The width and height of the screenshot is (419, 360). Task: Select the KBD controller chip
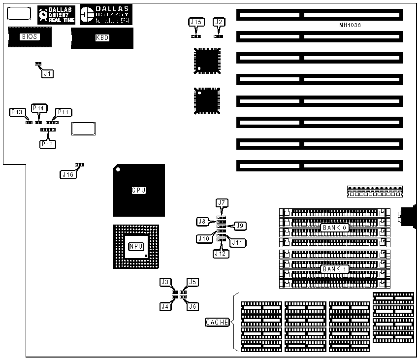pyautogui.click(x=102, y=38)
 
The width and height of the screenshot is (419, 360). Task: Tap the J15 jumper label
pyautogui.click(x=196, y=22)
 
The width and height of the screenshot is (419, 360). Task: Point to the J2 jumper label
pyautogui.click(x=219, y=22)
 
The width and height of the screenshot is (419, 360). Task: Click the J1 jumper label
pyautogui.click(x=47, y=73)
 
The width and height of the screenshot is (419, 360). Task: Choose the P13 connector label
pyautogui.click(x=17, y=112)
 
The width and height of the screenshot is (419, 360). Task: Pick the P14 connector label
pyautogui.click(x=38, y=108)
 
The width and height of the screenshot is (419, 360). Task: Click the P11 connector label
pyautogui.click(x=63, y=112)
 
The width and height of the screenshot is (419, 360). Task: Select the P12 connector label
pyautogui.click(x=48, y=144)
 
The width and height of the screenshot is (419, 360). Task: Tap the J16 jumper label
pyautogui.click(x=67, y=174)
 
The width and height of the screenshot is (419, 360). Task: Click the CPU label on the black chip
pyautogui.click(x=138, y=191)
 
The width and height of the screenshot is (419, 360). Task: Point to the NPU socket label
pyautogui.click(x=135, y=246)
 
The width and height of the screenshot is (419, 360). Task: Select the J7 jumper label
pyautogui.click(x=222, y=202)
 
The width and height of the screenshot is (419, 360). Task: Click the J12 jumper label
pyautogui.click(x=220, y=253)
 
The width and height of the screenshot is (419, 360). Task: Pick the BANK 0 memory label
pyautogui.click(x=335, y=228)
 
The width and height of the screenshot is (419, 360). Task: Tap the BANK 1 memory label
pyautogui.click(x=335, y=269)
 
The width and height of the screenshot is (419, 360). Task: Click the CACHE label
pyautogui.click(x=217, y=323)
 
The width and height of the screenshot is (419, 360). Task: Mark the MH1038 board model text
pyautogui.click(x=350, y=25)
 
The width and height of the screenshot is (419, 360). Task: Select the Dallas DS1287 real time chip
pyautogui.click(x=56, y=16)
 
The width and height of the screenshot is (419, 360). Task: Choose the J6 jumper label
pyautogui.click(x=193, y=306)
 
